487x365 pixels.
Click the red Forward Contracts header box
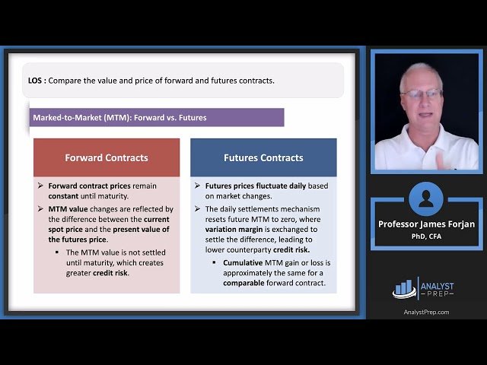tap(107, 157)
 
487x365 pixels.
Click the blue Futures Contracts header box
tap(263, 157)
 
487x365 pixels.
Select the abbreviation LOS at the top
tap(34, 80)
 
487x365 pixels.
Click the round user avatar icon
tap(425, 199)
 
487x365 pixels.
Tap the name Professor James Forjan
tap(425, 224)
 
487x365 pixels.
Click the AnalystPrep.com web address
tap(426, 312)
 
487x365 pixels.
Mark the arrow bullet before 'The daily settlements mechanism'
tap(198, 208)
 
